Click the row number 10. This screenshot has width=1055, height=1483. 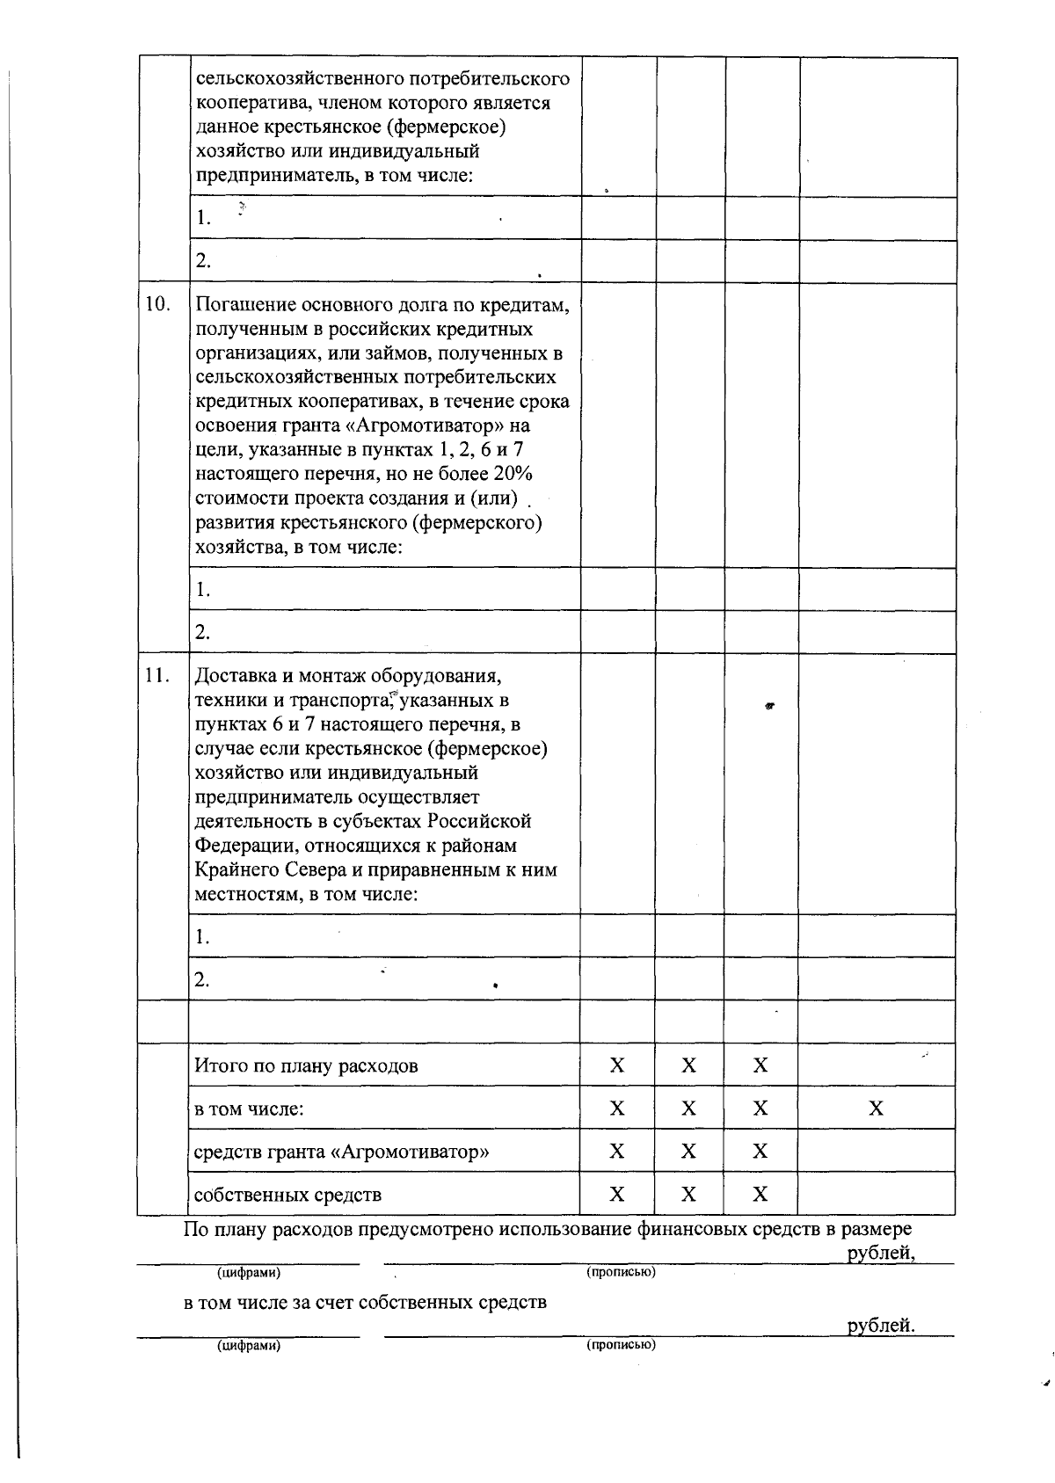coord(156,305)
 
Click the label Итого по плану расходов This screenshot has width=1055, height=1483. coord(306,1066)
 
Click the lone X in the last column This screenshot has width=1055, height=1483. coord(876,1109)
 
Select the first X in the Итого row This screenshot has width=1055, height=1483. coord(617,1065)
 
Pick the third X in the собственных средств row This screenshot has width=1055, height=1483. coord(760,1194)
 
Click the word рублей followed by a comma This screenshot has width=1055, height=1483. coord(879,1254)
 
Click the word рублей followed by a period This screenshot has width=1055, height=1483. coord(879,1326)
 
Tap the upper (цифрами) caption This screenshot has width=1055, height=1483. coord(249,1272)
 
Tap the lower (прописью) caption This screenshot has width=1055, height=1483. coord(621,1344)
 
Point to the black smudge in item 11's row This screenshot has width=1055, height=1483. coord(768,705)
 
